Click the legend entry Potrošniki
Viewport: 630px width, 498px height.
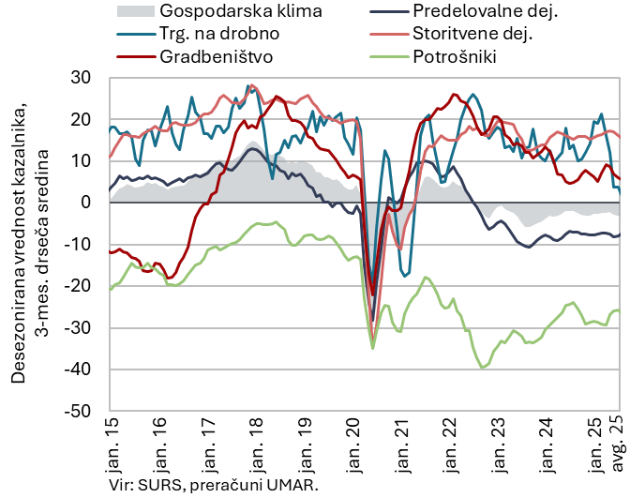[x=454, y=56]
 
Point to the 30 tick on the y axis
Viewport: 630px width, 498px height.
[x=92, y=78]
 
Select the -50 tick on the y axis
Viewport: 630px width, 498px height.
[x=88, y=411]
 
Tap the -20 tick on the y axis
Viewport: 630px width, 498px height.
[x=88, y=286]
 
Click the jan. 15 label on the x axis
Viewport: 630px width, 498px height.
[x=111, y=445]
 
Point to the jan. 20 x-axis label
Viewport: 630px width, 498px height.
[x=363, y=445]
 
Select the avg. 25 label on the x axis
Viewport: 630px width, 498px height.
[x=618, y=445]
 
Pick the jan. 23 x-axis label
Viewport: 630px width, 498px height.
[x=514, y=445]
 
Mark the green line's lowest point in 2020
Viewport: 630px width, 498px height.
[x=373, y=348]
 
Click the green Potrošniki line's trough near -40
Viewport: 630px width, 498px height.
[x=483, y=367]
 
